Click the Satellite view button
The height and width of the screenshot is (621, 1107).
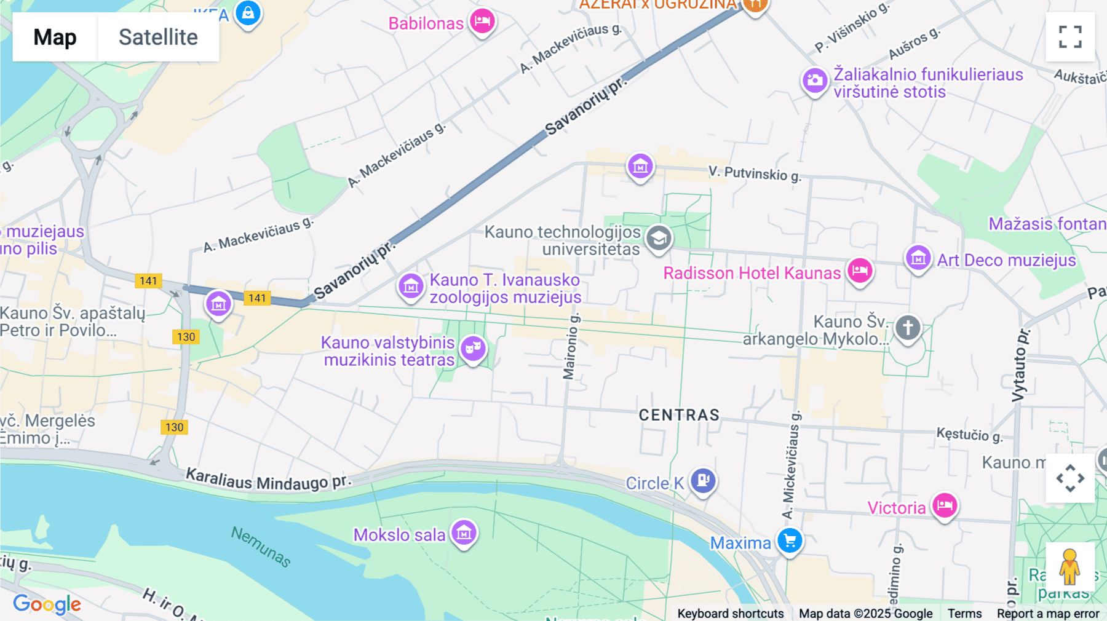[x=158, y=37]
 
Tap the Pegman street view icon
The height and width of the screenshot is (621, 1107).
[x=1069, y=566]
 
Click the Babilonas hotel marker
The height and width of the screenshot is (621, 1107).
[x=482, y=22]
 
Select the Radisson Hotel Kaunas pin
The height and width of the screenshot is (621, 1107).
[x=860, y=271]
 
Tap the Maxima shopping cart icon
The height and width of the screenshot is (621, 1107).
[x=790, y=541]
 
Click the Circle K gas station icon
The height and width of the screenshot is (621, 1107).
[x=703, y=480]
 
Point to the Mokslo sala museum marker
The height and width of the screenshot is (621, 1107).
[x=464, y=533]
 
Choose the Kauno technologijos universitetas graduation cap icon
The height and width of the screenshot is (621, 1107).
[x=659, y=238]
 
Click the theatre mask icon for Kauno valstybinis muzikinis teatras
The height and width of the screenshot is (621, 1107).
[x=473, y=349]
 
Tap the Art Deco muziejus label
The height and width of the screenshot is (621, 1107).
[x=1006, y=261]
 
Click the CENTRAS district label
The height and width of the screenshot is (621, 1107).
[x=679, y=415]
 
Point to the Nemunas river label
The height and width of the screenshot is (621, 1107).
[x=261, y=546]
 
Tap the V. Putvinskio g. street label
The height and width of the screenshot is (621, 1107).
[x=755, y=174]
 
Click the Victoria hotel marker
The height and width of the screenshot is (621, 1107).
[x=945, y=505]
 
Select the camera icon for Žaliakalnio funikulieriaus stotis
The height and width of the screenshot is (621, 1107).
[x=815, y=81]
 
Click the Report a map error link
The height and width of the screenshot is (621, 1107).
[x=1048, y=614]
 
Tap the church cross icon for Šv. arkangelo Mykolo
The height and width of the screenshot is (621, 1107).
[x=908, y=328]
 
